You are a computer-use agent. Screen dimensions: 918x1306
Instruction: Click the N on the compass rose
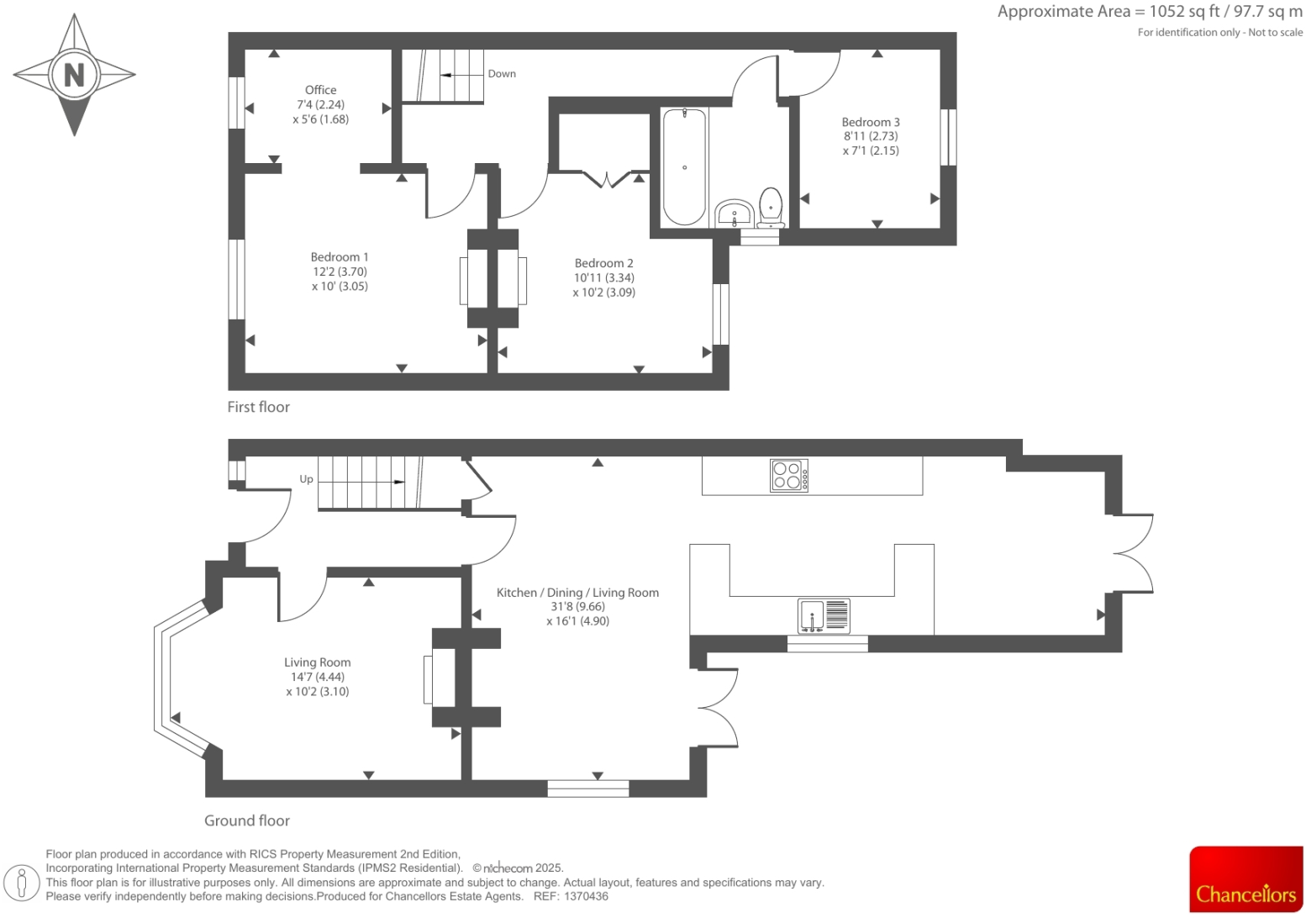click(x=74, y=75)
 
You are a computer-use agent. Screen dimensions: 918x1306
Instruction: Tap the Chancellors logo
click(x=1245, y=878)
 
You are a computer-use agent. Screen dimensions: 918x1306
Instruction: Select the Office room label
click(x=320, y=90)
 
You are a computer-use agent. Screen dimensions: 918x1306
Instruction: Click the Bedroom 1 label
click(x=340, y=257)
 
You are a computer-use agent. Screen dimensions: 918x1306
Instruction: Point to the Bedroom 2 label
click(x=603, y=263)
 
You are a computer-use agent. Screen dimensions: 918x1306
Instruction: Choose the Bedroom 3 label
click(x=871, y=122)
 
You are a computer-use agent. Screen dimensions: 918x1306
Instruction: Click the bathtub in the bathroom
click(x=684, y=166)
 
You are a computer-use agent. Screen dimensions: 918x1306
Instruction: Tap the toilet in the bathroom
click(x=771, y=208)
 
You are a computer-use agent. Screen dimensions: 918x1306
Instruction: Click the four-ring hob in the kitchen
click(x=789, y=475)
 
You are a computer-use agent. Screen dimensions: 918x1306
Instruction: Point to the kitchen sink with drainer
click(x=824, y=616)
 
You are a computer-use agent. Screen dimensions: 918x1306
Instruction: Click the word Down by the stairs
click(x=502, y=74)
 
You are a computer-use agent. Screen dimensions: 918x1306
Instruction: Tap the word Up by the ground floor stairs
click(x=306, y=479)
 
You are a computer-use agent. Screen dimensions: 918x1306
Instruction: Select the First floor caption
click(x=258, y=407)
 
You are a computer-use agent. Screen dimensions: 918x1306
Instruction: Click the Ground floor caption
click(x=247, y=820)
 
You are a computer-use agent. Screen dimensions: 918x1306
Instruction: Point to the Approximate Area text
click(x=1149, y=12)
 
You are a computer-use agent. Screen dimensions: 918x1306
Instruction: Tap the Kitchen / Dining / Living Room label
click(x=577, y=593)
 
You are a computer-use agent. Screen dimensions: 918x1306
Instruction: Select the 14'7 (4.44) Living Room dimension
click(x=317, y=677)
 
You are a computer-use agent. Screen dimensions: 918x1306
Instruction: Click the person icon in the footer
click(x=22, y=883)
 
